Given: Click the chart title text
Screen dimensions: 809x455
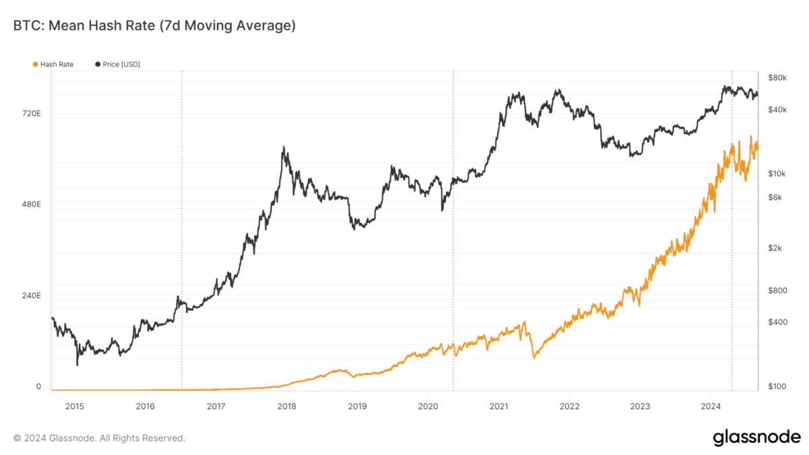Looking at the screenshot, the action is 154,26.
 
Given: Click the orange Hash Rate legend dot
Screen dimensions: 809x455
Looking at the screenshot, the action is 35,64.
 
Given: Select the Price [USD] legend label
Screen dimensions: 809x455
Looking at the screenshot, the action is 121,64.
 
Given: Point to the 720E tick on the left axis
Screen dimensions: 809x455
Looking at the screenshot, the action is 32,114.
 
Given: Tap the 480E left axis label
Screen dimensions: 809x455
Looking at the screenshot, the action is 32,204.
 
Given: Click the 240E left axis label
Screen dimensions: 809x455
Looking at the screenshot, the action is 32,296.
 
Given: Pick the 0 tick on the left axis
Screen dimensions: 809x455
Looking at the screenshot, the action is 38,387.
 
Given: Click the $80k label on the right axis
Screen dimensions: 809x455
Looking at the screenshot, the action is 777,78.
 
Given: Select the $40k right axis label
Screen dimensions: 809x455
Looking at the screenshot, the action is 777,110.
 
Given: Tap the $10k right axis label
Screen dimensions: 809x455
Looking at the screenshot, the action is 777,174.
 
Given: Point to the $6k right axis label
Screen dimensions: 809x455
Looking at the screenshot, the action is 775,198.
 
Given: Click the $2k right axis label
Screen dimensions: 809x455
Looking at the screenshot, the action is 775,248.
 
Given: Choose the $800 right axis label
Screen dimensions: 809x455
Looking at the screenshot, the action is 777,291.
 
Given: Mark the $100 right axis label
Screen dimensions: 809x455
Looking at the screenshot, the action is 777,387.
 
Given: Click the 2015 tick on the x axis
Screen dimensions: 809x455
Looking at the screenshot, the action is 75,406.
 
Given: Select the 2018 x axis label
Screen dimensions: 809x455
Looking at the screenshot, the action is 287,406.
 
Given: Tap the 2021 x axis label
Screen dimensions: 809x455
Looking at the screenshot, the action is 499,406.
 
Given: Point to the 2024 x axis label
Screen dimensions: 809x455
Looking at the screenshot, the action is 711,406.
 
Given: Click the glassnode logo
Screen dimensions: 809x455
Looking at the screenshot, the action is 756,437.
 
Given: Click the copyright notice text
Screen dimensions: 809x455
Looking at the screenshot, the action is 99,438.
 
